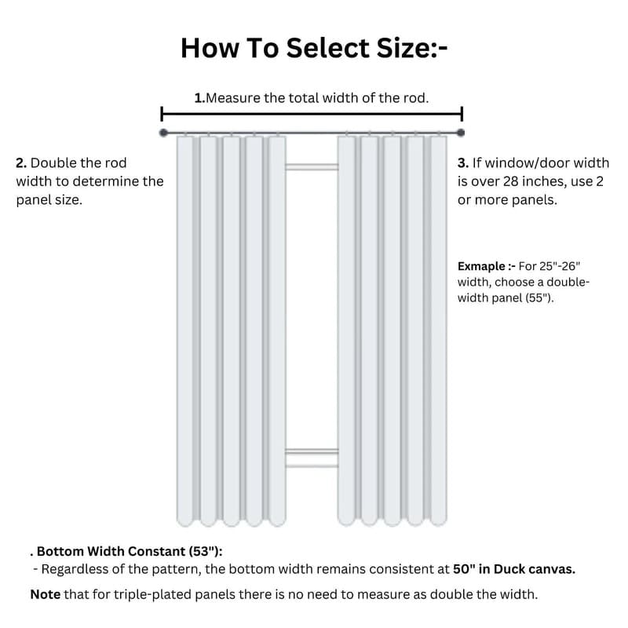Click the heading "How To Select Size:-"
pyautogui.click(x=314, y=47)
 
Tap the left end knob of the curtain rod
pyautogui.click(x=163, y=133)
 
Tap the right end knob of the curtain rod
pyautogui.click(x=461, y=133)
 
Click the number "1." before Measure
pyautogui.click(x=199, y=98)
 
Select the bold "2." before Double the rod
pyautogui.click(x=21, y=163)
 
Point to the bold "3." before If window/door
pyautogui.click(x=463, y=163)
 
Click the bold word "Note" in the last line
pyautogui.click(x=45, y=594)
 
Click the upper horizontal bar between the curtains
pyautogui.click(x=312, y=166)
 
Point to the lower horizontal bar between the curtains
pyautogui.click(x=312, y=451)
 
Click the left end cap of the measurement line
pyautogui.click(x=162, y=112)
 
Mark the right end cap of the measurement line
pyautogui.click(x=462, y=112)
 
